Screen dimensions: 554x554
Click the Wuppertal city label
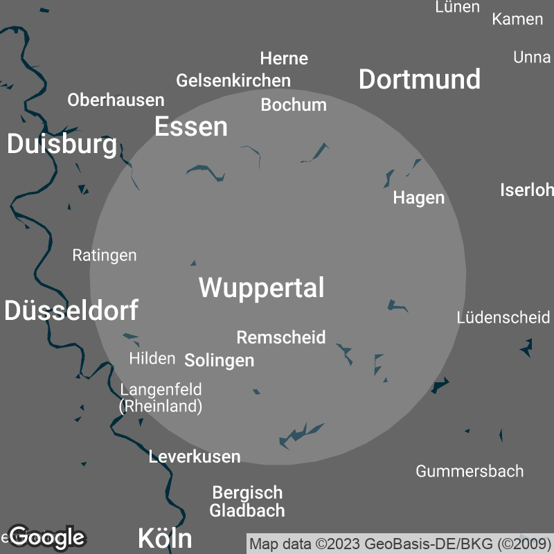coord(261,287)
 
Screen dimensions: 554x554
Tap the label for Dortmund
coord(420,79)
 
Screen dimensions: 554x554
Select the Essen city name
coord(190,127)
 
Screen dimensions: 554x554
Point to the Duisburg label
coord(62,144)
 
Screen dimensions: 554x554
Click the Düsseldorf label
coord(71,310)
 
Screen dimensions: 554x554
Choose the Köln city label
coord(165,537)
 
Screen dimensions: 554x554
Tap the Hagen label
coord(418,197)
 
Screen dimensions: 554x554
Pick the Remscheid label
coord(280,337)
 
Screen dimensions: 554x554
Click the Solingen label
coord(219,360)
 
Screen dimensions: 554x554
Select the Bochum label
coord(294,105)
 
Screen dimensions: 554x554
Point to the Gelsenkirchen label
coord(233,80)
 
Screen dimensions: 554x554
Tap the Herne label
coord(284,58)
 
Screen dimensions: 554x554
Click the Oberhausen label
coord(116,100)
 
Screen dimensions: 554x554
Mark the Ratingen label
coord(105,255)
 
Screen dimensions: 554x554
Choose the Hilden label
coord(152,358)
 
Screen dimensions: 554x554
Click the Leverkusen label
coord(195,456)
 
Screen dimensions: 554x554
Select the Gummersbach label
coord(470,471)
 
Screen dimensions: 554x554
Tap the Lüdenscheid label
coord(503,317)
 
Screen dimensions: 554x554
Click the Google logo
coord(46,536)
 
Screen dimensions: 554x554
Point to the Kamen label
coord(517,19)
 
